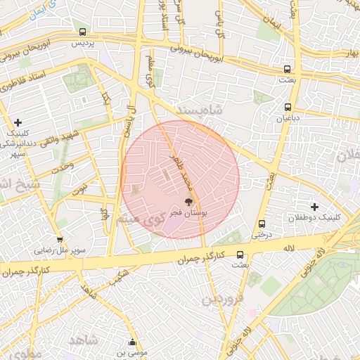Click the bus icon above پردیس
point(83,32)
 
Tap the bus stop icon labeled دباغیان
point(288,107)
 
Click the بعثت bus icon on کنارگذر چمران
point(240,255)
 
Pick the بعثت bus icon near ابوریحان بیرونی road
point(288,69)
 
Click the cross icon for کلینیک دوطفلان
point(314,207)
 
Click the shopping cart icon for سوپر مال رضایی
point(60,239)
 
